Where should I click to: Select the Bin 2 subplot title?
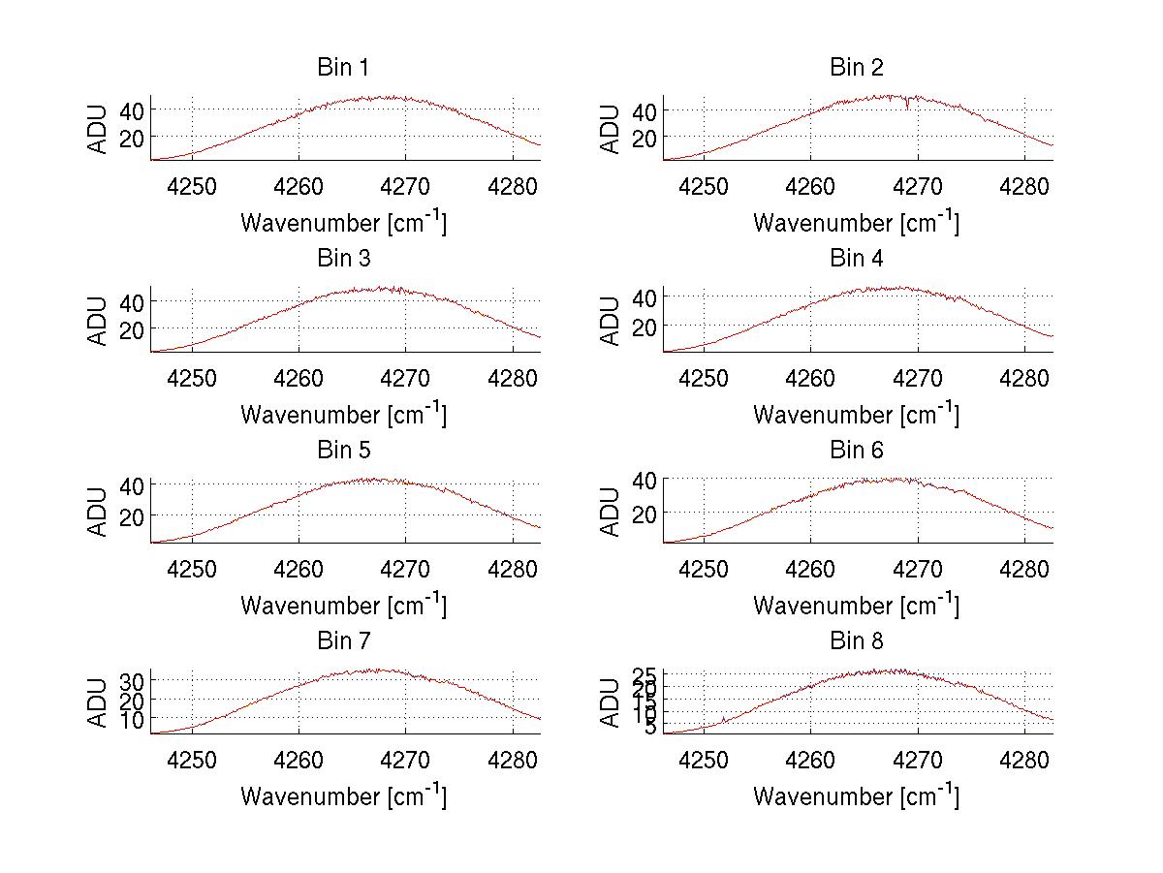click(x=856, y=68)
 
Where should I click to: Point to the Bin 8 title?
click(x=856, y=641)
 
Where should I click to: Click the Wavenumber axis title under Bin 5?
click(x=343, y=606)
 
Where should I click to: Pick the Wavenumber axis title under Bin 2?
click(x=856, y=223)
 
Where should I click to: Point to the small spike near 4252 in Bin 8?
click(x=723, y=718)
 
